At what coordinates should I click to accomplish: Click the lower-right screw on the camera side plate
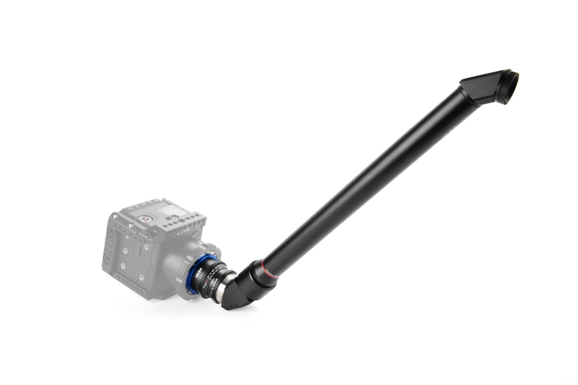click(x=141, y=277)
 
